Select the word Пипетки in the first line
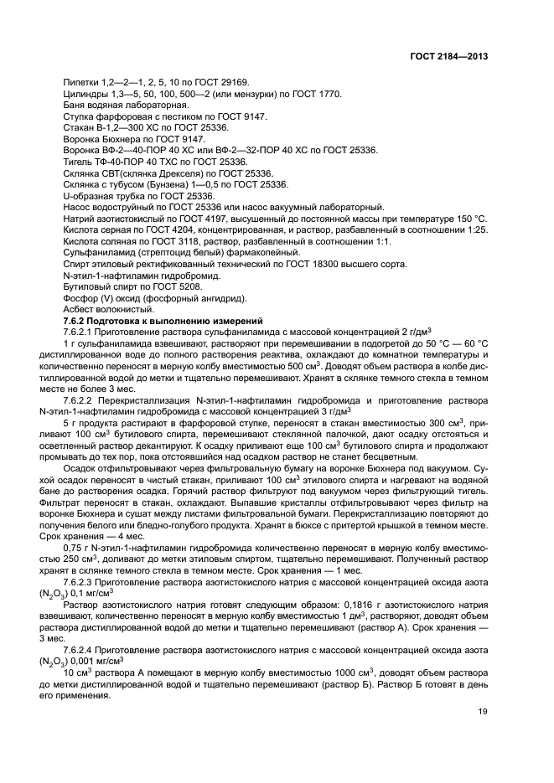coord(80,82)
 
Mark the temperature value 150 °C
coord(469,218)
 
